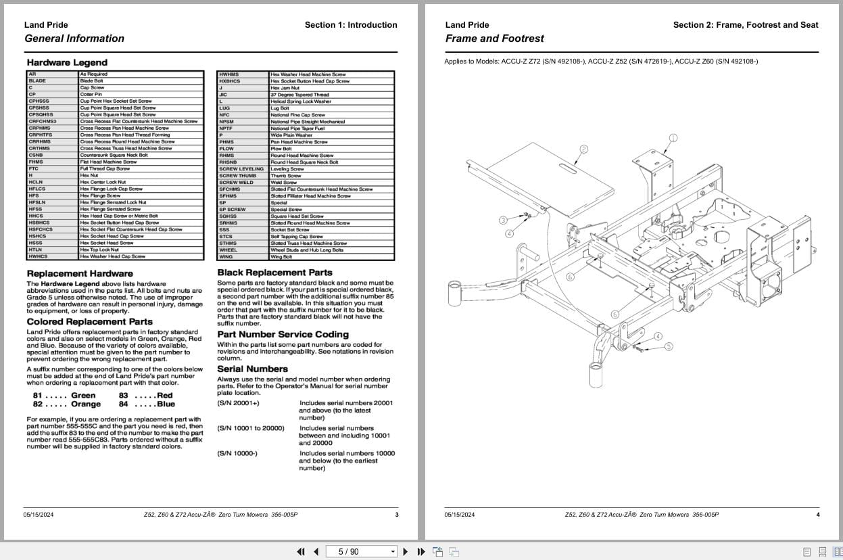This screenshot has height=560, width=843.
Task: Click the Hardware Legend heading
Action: click(67, 63)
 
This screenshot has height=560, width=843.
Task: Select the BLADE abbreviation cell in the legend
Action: click(38, 81)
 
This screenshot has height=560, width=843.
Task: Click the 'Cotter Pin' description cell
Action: click(91, 95)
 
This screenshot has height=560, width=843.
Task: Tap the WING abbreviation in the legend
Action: click(226, 257)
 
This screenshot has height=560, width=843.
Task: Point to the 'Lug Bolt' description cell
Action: click(280, 108)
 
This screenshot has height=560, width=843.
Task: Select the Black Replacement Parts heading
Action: click(274, 273)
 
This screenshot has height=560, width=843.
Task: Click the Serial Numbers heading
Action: click(252, 369)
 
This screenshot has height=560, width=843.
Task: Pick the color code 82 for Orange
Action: click(38, 404)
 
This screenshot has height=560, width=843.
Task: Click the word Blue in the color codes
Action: click(166, 404)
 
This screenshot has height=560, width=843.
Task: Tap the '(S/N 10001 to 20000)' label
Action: click(251, 428)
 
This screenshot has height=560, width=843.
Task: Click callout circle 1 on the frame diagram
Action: click(673, 138)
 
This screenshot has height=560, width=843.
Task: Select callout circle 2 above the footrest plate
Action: click(584, 149)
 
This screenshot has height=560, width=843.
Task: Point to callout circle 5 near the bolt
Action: click(669, 346)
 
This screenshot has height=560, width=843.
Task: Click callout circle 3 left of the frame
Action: click(503, 220)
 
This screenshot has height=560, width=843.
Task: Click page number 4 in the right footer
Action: click(817, 515)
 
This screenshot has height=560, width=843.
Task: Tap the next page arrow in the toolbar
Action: click(405, 551)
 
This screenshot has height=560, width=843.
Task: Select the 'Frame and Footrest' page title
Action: click(494, 39)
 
